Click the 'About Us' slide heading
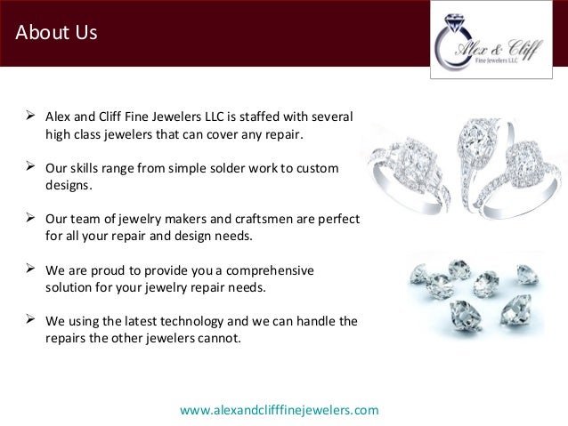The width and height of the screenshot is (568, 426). coord(56,34)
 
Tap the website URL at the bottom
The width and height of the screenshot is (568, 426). coord(279,410)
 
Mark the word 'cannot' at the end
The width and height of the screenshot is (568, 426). coord(217,338)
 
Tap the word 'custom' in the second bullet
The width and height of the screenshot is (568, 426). coord(319,168)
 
